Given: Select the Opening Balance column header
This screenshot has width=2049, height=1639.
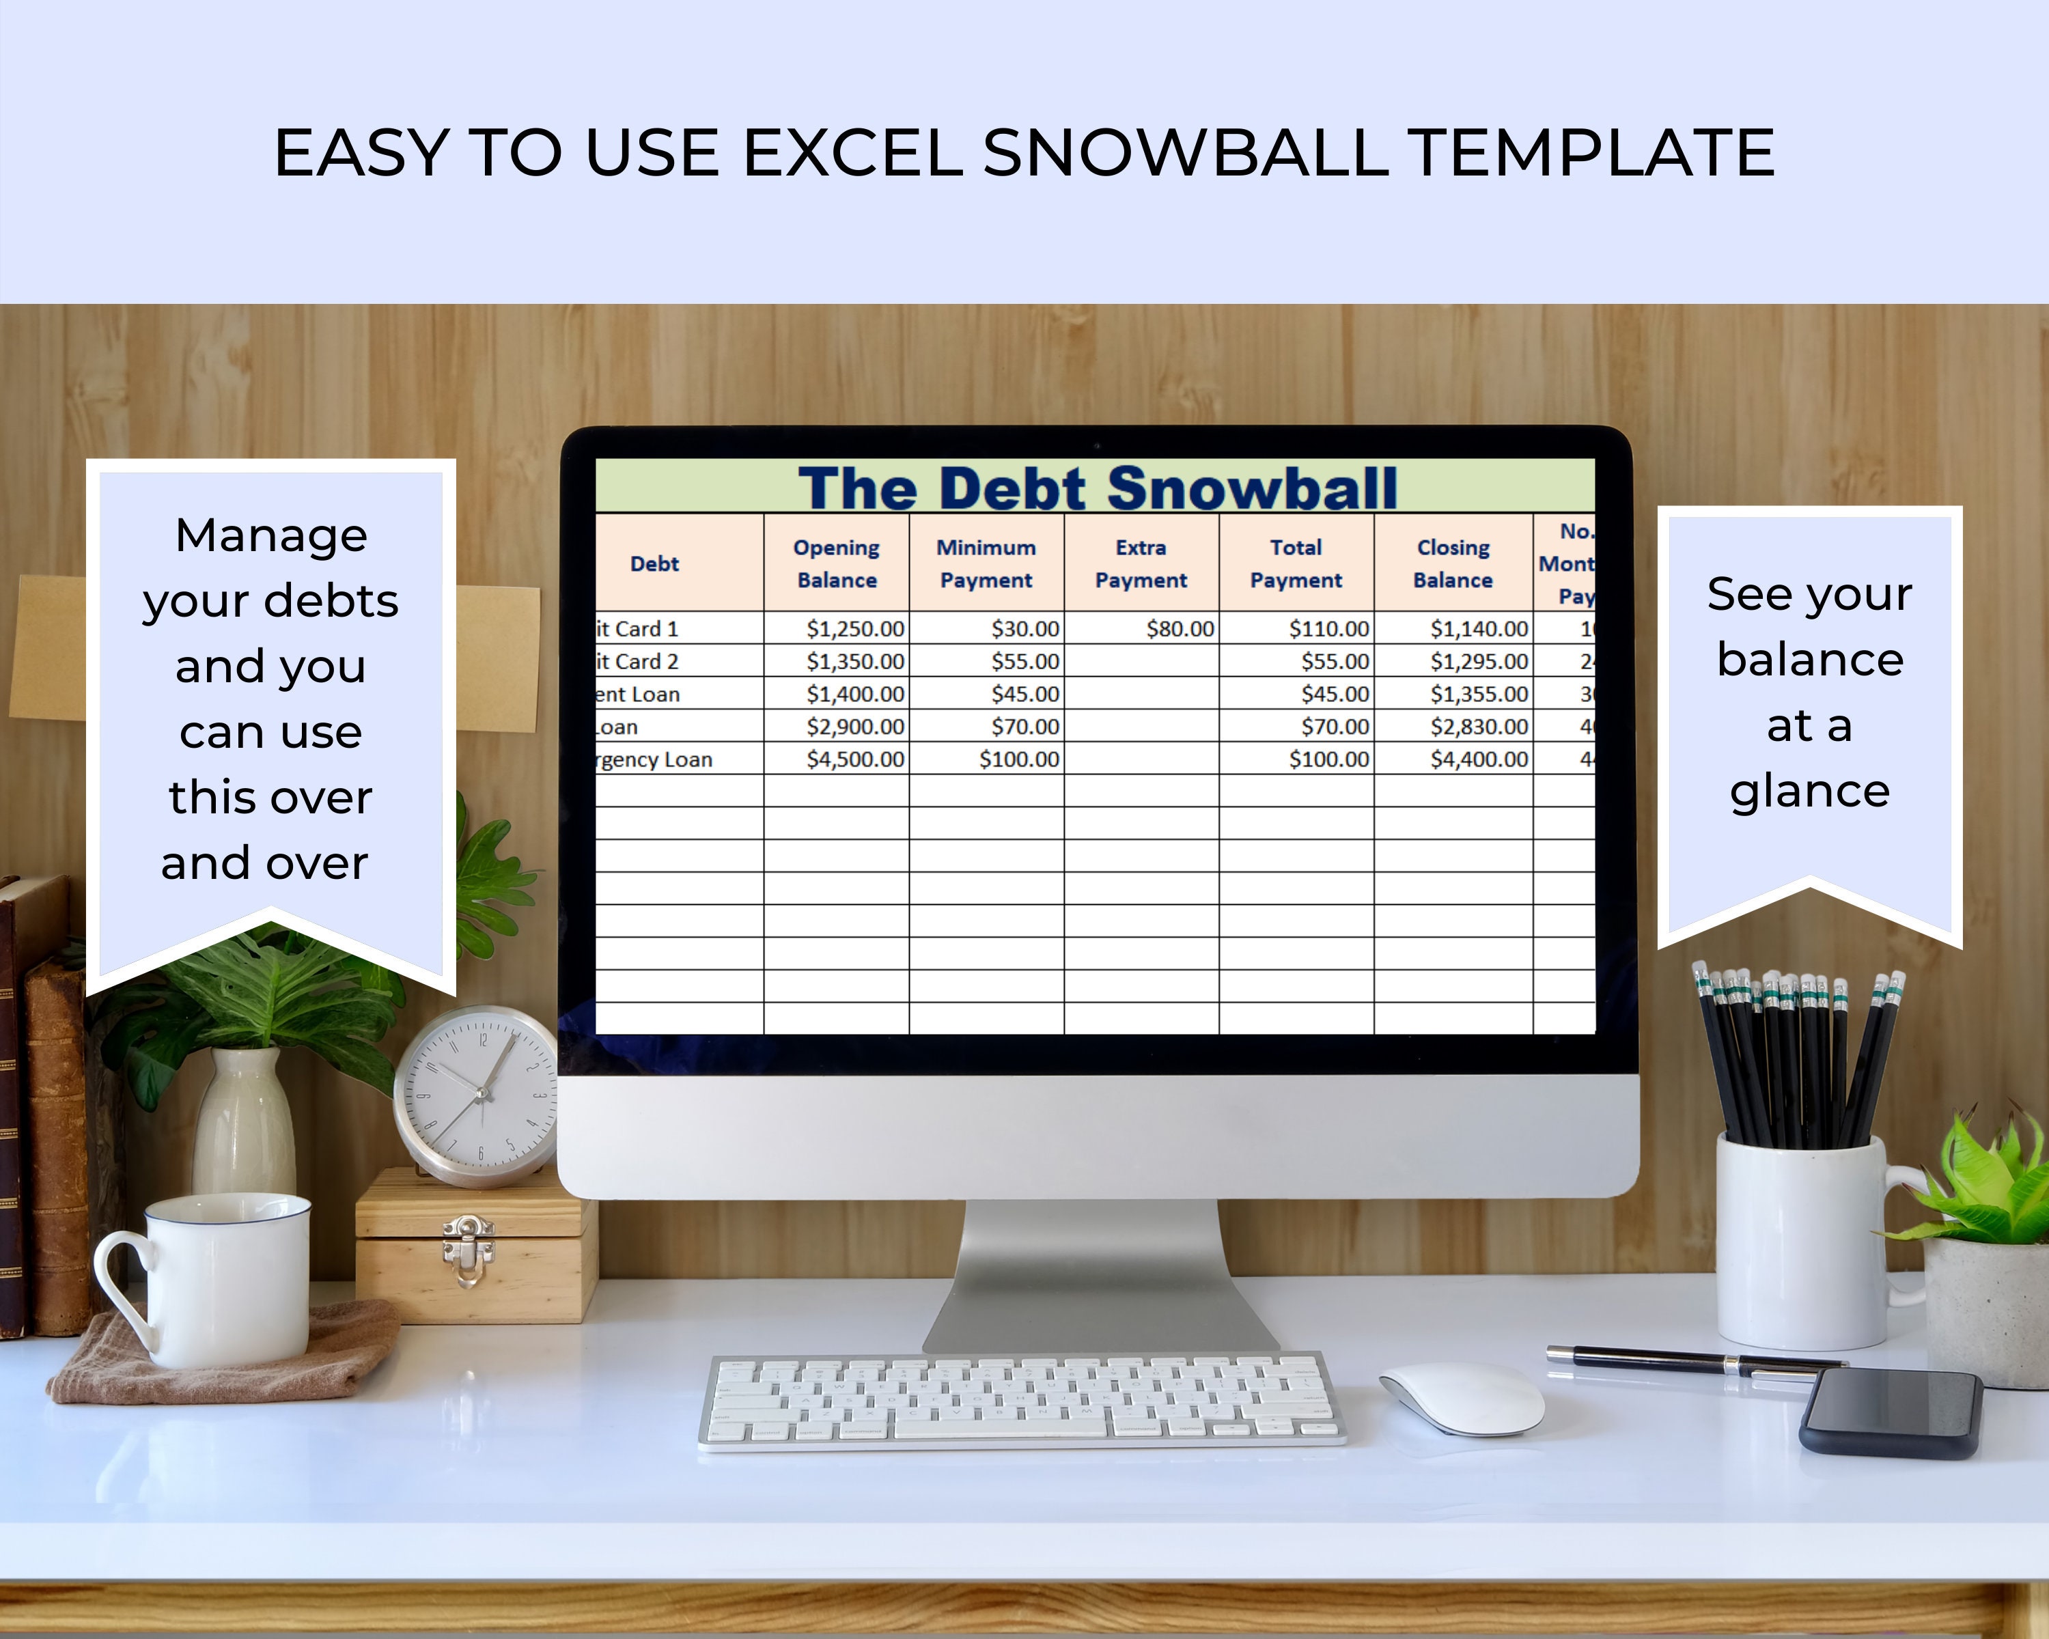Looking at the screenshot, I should tap(836, 563).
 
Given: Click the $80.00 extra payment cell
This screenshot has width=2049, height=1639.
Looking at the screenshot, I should tap(1180, 629).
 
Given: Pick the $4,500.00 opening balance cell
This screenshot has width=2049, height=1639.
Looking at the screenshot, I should tap(854, 759).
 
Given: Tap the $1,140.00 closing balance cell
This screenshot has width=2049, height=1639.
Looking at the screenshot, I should tap(1479, 629).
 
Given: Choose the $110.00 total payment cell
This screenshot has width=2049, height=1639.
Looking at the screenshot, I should tap(1328, 629).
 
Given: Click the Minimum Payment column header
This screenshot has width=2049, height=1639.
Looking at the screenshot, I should tap(986, 563).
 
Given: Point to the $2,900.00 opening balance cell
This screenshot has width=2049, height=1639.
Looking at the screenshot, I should tap(854, 727).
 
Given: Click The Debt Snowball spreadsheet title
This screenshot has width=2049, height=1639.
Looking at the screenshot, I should tap(1097, 488).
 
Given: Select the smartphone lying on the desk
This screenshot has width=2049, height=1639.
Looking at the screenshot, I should tap(1891, 1413).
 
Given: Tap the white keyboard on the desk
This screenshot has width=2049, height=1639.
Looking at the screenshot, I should tap(1022, 1401).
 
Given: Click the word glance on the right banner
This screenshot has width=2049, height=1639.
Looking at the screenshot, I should tap(1809, 792).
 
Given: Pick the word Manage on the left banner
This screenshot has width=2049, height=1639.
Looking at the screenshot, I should tap(271, 535).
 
